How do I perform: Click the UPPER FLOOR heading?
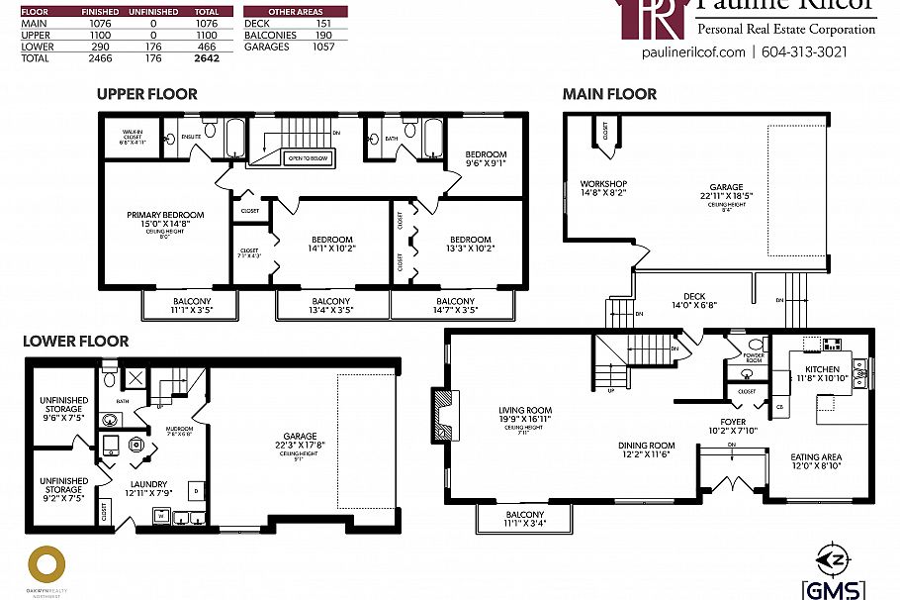coord(146,94)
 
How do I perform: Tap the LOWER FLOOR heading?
coord(76,342)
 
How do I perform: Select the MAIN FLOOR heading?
coord(609,94)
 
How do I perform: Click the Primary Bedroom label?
coord(165,215)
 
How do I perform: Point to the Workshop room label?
coord(603,184)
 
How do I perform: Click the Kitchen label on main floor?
coord(822,369)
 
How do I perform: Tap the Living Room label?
coord(525,410)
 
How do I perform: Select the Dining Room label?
coord(647,446)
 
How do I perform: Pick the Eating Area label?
coord(816,456)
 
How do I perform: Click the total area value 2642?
coord(207,58)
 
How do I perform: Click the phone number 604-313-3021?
coord(805,52)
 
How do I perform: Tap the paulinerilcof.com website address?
coord(692,52)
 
